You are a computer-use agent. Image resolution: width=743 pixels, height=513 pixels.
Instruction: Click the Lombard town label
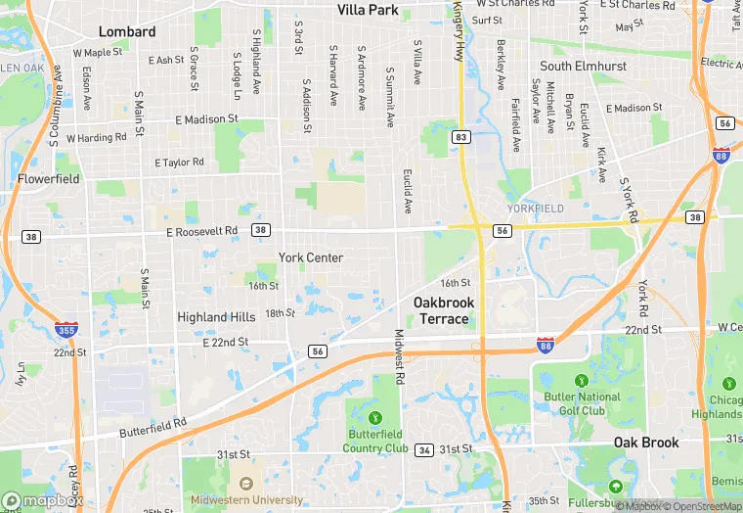[x=127, y=31]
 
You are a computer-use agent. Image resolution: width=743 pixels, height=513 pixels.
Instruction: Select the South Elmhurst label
[x=583, y=66]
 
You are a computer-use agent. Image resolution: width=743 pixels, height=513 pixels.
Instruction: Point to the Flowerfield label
[x=48, y=179]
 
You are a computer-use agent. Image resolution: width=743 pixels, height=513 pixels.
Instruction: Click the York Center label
[x=311, y=257]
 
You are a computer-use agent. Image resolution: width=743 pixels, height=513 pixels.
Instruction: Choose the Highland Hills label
[x=216, y=317]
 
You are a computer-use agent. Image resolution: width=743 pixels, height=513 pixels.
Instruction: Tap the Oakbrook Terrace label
[x=443, y=310]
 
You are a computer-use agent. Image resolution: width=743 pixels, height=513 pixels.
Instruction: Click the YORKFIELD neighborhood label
[x=536, y=209]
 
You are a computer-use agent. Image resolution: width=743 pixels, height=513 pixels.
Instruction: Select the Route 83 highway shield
[x=460, y=138]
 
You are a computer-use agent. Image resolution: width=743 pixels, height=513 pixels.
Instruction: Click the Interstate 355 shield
[x=67, y=331]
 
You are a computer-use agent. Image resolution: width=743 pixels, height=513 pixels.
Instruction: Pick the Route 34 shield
[x=424, y=449]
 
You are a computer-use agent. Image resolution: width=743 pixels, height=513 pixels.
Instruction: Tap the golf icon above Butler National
[x=582, y=380]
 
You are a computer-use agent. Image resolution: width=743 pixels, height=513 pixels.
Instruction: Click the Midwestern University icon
[x=245, y=484]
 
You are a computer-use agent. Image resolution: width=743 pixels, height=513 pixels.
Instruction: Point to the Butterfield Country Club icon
[x=375, y=406]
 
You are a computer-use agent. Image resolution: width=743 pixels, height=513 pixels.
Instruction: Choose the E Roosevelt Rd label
[x=202, y=231]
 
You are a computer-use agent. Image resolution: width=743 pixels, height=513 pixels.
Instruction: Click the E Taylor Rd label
[x=180, y=163]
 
